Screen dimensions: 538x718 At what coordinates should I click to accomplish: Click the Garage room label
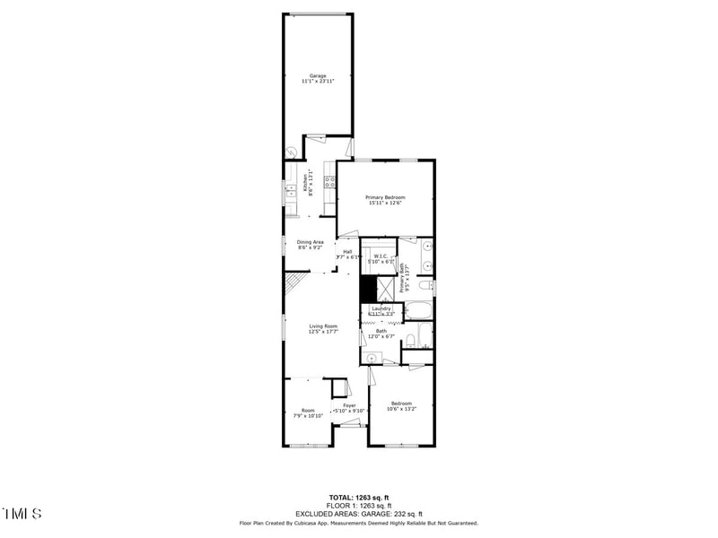pyautogui.click(x=318, y=75)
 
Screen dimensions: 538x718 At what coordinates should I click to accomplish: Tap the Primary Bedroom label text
pyautogui.click(x=385, y=197)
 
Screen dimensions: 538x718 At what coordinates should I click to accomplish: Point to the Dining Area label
pyautogui.click(x=311, y=242)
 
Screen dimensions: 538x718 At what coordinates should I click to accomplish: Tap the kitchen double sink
pyautogui.click(x=291, y=189)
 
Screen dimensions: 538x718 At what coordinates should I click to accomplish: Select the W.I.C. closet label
pyautogui.click(x=381, y=256)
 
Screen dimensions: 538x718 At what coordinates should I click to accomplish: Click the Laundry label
pyautogui.click(x=381, y=308)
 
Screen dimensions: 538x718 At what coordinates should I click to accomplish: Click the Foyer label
pyautogui.click(x=349, y=405)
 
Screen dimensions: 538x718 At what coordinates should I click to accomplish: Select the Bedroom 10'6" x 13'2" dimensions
pyautogui.click(x=400, y=410)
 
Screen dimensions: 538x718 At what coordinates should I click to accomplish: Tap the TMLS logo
pyautogui.click(x=22, y=514)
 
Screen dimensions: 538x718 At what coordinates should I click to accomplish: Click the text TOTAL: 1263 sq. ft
pyautogui.click(x=358, y=497)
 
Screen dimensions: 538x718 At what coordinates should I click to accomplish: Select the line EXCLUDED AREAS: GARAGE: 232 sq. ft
pyautogui.click(x=358, y=513)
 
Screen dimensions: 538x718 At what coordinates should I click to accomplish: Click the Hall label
pyautogui.click(x=347, y=252)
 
